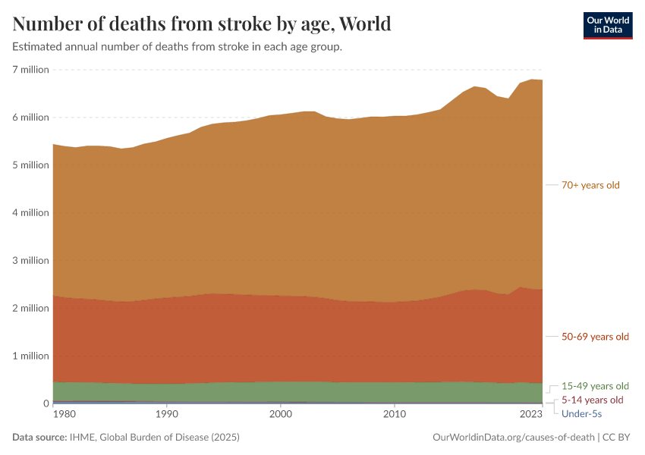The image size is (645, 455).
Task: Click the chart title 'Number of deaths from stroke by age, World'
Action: click(202, 24)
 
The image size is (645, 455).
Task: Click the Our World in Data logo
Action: click(607, 25)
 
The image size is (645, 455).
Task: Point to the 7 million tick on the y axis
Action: click(30, 70)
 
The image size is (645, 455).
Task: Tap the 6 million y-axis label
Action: click(30, 118)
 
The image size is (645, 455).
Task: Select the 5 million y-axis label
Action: click(30, 165)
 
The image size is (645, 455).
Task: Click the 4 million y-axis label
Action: click(30, 213)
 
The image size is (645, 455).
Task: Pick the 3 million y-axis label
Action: click(30, 261)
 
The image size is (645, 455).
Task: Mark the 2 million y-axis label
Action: click(30, 309)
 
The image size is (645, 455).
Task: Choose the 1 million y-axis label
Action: click(30, 356)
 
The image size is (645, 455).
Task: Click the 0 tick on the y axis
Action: click(45, 404)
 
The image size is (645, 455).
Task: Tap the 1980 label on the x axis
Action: click(64, 415)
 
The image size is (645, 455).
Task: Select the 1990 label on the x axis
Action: click(166, 415)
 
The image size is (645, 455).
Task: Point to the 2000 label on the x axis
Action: click(281, 415)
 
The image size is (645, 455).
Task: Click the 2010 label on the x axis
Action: click(395, 415)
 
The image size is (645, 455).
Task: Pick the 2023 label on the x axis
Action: click(531, 415)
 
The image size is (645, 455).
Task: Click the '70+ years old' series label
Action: click(590, 185)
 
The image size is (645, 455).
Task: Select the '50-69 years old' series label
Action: click(595, 337)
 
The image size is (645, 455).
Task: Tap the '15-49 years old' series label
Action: click(595, 386)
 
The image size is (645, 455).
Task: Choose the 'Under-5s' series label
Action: click(581, 413)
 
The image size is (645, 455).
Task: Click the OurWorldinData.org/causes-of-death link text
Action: click(513, 438)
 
